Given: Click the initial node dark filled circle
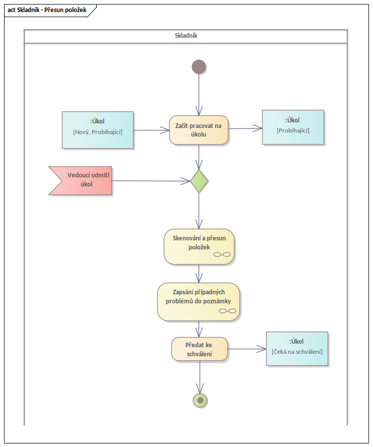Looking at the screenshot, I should (199, 67).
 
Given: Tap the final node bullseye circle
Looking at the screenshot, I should (200, 400).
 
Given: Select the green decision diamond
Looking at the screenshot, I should (199, 180).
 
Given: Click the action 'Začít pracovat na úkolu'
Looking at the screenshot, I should (199, 130).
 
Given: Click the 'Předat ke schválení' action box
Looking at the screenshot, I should (199, 349).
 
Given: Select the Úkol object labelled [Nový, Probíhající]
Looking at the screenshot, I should (98, 130).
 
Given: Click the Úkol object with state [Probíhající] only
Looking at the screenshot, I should (293, 127).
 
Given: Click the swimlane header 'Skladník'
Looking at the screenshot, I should (185, 36).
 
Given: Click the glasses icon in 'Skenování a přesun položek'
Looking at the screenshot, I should (222, 254).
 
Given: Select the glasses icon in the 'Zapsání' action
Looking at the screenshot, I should (228, 311).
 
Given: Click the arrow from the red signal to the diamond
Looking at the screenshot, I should (151, 180).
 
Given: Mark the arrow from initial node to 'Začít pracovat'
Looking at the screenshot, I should (199, 96).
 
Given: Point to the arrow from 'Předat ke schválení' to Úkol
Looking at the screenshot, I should (247, 349).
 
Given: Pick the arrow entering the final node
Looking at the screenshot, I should (200, 378).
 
